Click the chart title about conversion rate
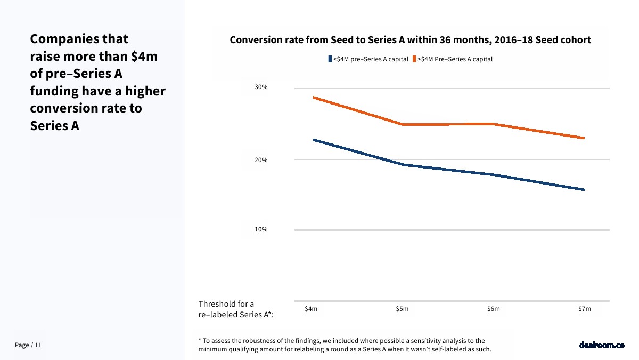(x=410, y=40)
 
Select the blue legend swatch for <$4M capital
(x=330, y=59)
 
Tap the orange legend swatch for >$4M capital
(x=414, y=59)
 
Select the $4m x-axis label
(x=311, y=309)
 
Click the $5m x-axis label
(x=402, y=309)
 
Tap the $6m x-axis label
(x=494, y=309)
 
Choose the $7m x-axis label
(x=585, y=309)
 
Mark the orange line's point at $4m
(x=313, y=97)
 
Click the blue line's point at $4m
(x=313, y=140)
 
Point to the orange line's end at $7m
(x=584, y=138)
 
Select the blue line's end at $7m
(x=584, y=189)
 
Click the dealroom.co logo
(x=601, y=345)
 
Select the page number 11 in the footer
(x=38, y=346)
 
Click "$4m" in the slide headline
(x=144, y=57)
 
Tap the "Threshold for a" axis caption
(x=226, y=304)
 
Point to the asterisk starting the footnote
(x=200, y=340)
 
